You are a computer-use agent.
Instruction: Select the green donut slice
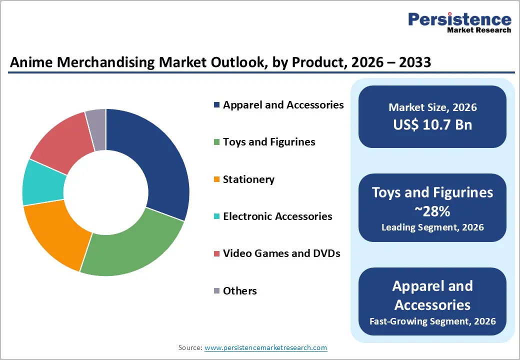[132, 245]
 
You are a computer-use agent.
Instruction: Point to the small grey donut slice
[96, 122]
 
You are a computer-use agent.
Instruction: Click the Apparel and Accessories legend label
[283, 105]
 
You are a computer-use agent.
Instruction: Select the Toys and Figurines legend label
[269, 142]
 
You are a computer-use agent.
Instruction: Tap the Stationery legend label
[248, 179]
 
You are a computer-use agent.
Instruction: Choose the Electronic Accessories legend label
[277, 216]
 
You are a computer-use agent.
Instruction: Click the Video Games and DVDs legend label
[281, 253]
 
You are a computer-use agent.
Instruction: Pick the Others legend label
[239, 291]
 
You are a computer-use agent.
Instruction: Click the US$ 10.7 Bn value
[432, 124]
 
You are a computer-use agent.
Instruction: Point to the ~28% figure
[432, 211]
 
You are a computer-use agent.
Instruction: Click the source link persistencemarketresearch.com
[266, 347]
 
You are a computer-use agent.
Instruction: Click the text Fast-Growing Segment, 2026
[432, 321]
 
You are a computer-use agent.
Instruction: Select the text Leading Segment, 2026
[432, 227]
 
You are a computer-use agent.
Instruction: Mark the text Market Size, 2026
[432, 107]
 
